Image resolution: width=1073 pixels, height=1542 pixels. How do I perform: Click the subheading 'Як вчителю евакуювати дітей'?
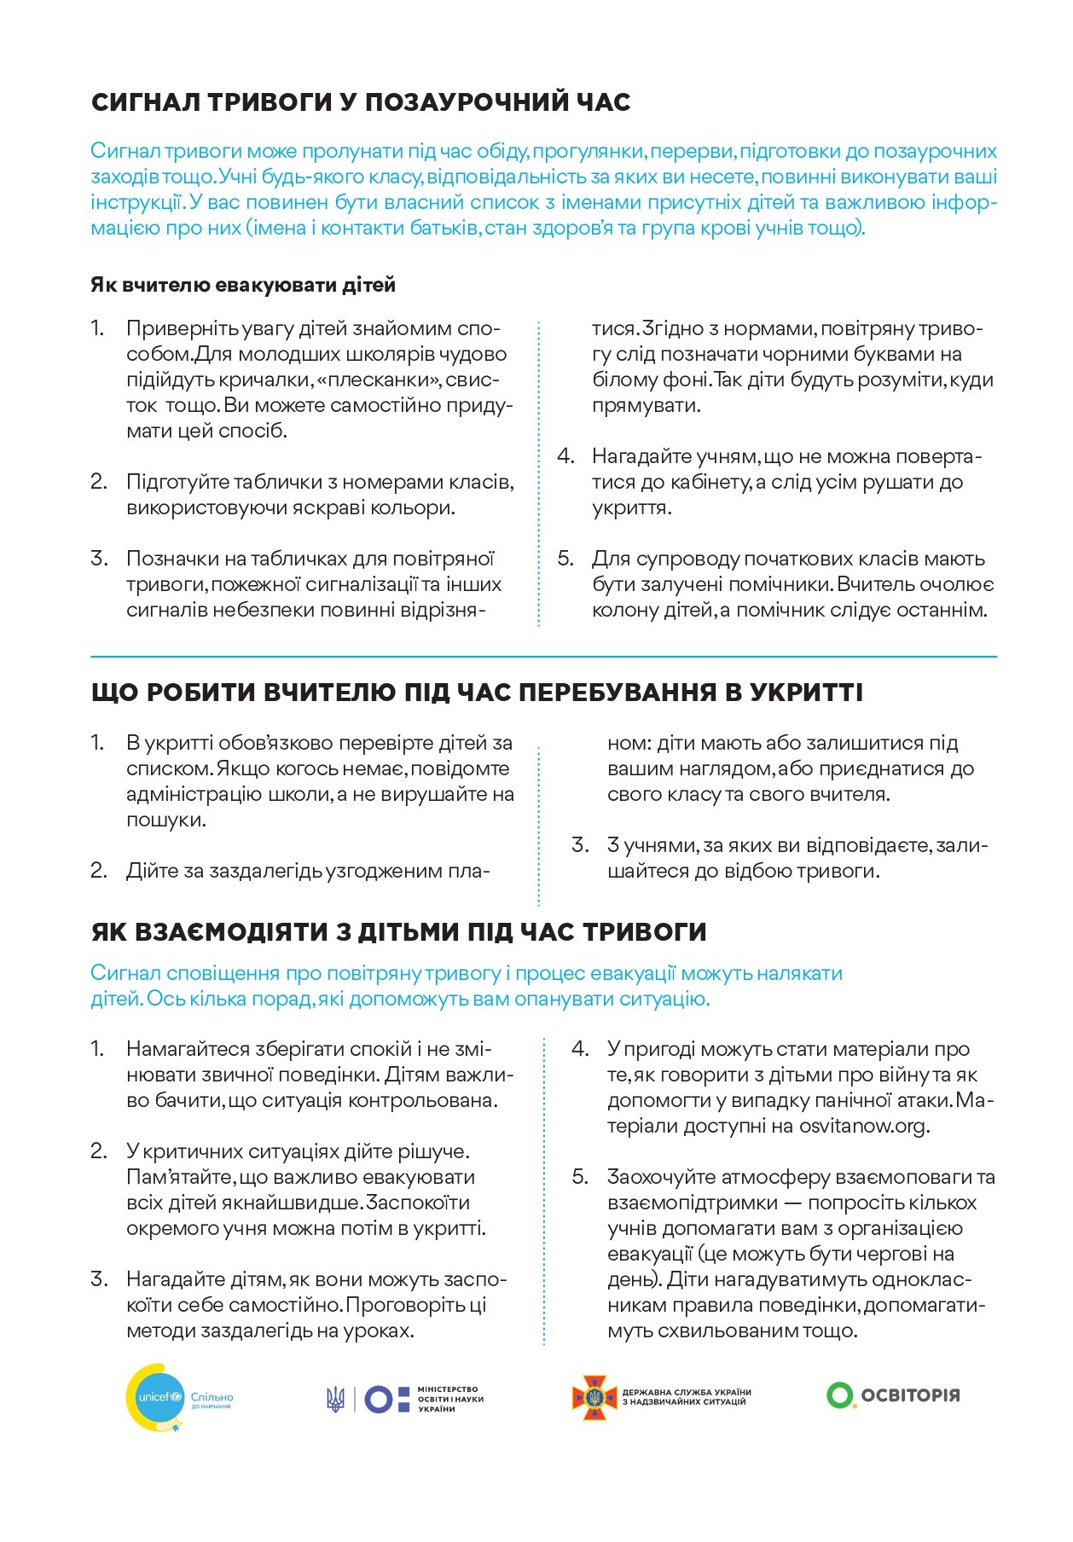point(243,285)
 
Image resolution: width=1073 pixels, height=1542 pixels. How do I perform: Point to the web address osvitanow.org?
point(862,1126)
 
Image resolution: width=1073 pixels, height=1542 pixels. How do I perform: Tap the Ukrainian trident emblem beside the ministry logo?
point(335,1399)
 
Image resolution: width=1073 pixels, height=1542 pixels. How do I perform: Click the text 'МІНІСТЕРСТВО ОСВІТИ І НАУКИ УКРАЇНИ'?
point(449,1399)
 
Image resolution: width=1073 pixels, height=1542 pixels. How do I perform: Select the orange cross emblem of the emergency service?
point(594,1397)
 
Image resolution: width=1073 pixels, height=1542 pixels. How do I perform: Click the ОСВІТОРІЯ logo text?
point(910,1396)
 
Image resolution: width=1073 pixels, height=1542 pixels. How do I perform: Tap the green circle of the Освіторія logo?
point(839,1395)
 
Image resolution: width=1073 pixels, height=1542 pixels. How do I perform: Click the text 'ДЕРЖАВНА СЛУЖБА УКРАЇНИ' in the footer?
point(687,1392)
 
